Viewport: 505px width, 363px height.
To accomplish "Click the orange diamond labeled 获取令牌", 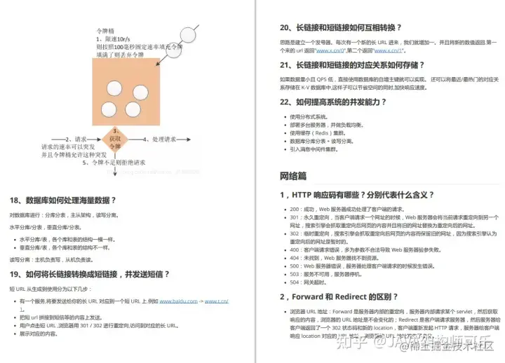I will point(115,139).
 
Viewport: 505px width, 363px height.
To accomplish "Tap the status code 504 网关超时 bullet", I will point(312,281).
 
